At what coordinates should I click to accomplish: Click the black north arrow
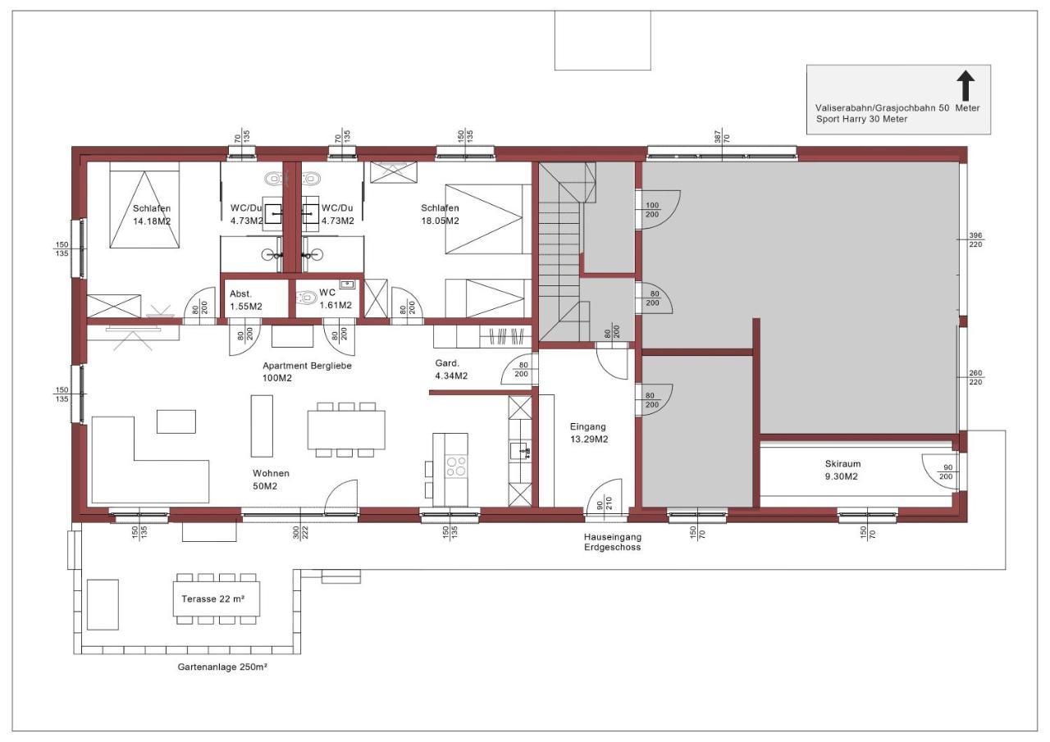pyautogui.click(x=966, y=86)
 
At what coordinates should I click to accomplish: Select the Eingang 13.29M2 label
pyautogui.click(x=589, y=433)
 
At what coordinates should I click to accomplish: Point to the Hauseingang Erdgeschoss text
pyautogui.click(x=612, y=542)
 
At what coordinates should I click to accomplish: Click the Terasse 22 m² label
pyautogui.click(x=213, y=599)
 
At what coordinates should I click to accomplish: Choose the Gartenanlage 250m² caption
pyautogui.click(x=222, y=667)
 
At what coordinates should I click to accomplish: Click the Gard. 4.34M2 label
pyautogui.click(x=451, y=370)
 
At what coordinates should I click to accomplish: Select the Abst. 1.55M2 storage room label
pyautogui.click(x=245, y=300)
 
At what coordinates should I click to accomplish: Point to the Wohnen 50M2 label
pyautogui.click(x=271, y=480)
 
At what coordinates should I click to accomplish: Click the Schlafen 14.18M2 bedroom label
pyautogui.click(x=152, y=215)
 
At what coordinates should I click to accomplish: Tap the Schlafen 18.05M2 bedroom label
pyautogui.click(x=440, y=214)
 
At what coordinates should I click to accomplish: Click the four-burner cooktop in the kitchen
pyautogui.click(x=456, y=466)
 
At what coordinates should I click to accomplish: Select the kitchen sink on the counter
pyautogui.click(x=520, y=451)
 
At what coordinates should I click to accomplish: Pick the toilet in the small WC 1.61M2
pyautogui.click(x=307, y=297)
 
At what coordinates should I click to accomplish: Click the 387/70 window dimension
pyautogui.click(x=722, y=136)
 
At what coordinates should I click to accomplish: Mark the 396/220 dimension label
pyautogui.click(x=975, y=240)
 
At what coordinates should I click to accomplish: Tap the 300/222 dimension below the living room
pyautogui.click(x=300, y=533)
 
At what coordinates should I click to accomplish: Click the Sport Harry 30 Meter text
pyautogui.click(x=861, y=119)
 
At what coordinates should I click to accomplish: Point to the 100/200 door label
pyautogui.click(x=652, y=210)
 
